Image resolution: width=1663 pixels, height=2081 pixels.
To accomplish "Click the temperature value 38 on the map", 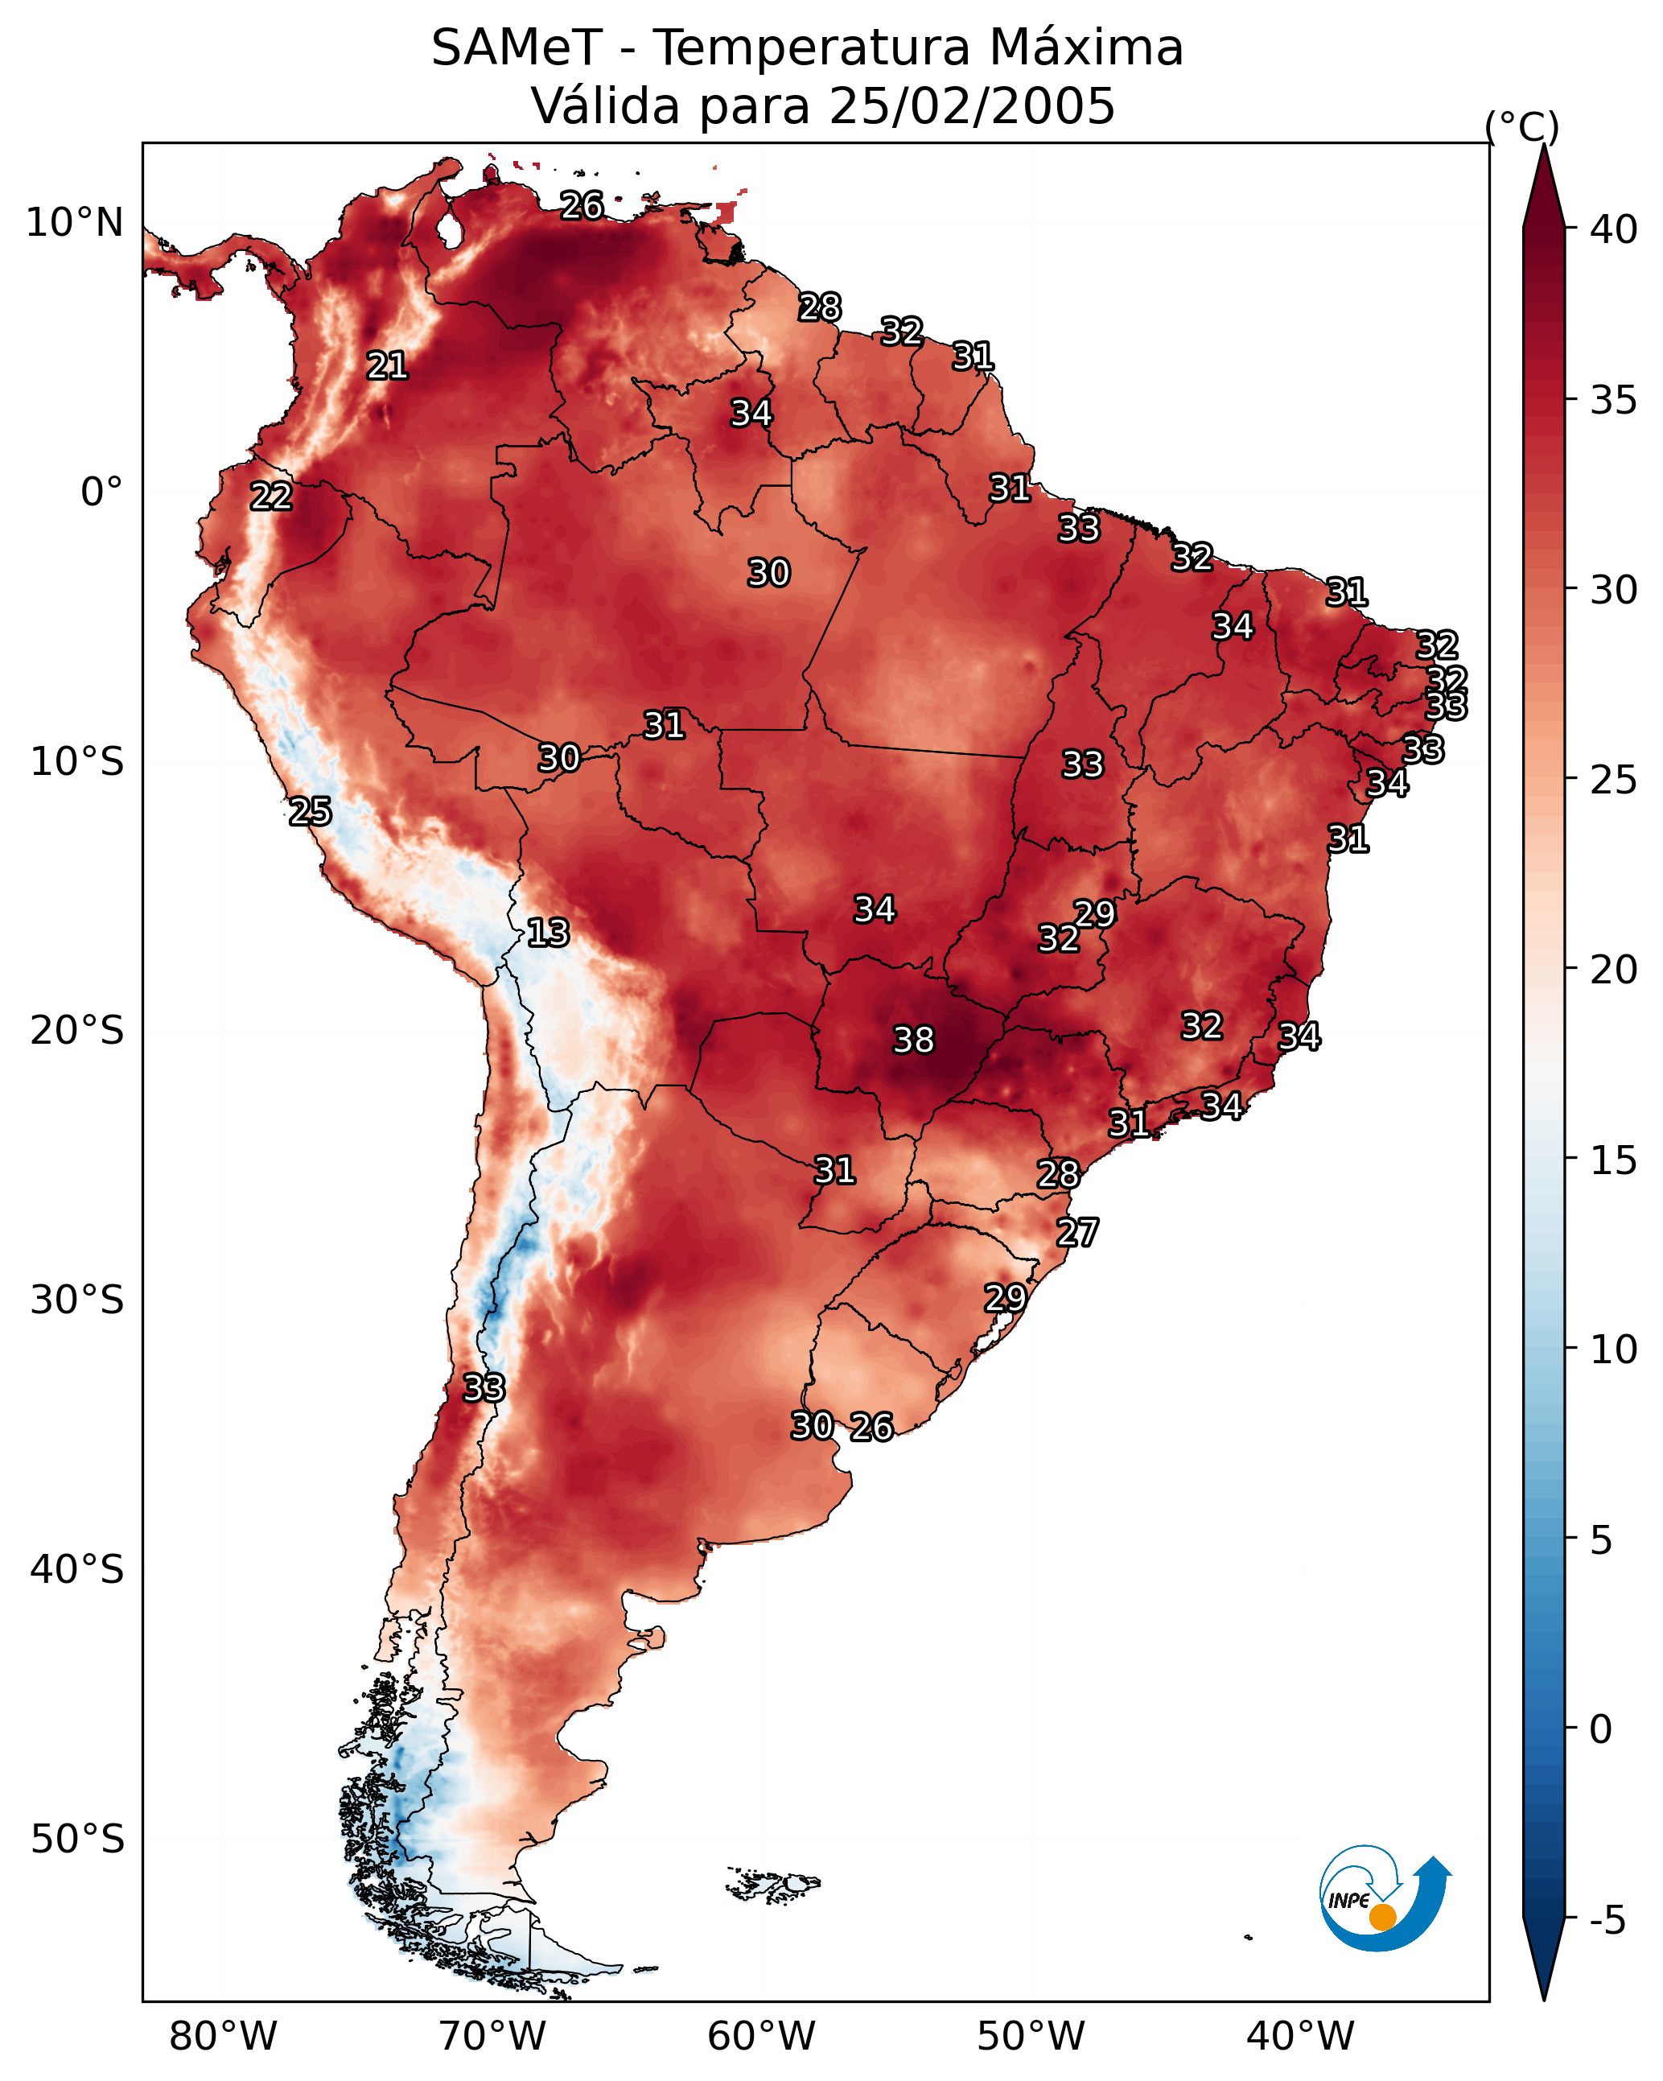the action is pyautogui.click(x=913, y=1040).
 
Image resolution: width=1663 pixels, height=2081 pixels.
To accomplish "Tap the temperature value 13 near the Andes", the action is pyautogui.click(x=548, y=933).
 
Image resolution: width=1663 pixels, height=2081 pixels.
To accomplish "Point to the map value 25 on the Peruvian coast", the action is pyautogui.click(x=311, y=811).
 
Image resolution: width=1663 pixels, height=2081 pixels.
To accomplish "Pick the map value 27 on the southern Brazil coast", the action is pyautogui.click(x=1077, y=1233).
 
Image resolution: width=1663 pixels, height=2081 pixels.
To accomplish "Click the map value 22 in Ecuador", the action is pyautogui.click(x=271, y=497).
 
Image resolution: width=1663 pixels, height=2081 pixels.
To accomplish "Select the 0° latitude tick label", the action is pyautogui.click(x=102, y=492).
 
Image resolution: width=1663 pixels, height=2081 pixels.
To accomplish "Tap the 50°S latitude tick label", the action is pyautogui.click(x=77, y=1840).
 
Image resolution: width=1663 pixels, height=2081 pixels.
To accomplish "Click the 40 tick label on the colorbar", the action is pyautogui.click(x=1614, y=229).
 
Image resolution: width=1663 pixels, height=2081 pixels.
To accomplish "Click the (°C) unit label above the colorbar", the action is pyautogui.click(x=1522, y=126).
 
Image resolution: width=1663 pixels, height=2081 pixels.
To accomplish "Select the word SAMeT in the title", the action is pyautogui.click(x=517, y=47).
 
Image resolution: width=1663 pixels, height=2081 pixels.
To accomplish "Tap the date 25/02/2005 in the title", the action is pyautogui.click(x=972, y=105).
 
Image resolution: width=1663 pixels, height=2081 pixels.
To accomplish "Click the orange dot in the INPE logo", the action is pyautogui.click(x=1382, y=1917).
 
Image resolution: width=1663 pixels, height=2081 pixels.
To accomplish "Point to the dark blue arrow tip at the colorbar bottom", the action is pyautogui.click(x=1543, y=1999).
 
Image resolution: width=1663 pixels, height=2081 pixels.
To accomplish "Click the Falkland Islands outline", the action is pyautogui.click(x=773, y=1883).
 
